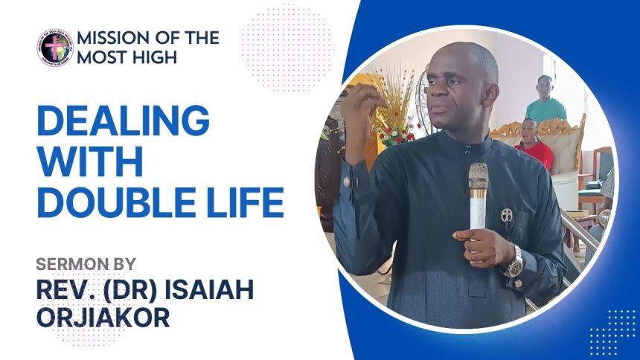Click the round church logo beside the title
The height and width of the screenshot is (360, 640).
coord(54,47)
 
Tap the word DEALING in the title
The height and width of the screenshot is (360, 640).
coord(123,121)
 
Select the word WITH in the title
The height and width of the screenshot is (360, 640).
coord(90,161)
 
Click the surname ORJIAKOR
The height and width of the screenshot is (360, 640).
coord(103,315)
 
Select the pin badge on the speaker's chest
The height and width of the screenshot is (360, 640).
coord(506,215)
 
